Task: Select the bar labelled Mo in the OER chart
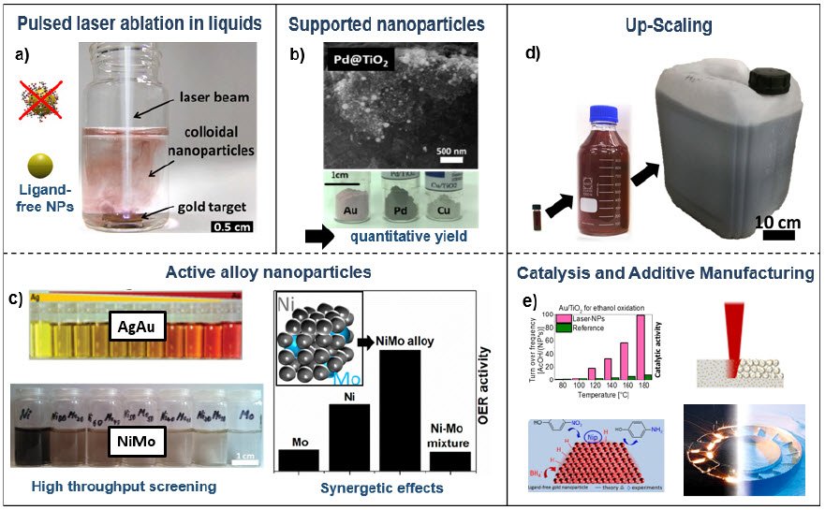point(299,459)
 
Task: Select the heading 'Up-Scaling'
point(662,20)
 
